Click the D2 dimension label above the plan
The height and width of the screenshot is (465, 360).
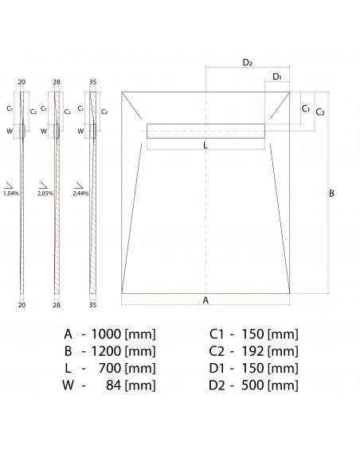tap(247, 62)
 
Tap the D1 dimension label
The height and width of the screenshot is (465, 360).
tap(276, 76)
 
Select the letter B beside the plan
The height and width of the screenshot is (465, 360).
tap(331, 193)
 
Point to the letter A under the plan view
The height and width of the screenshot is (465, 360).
tap(205, 300)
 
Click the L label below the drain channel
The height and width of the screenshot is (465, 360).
tap(205, 146)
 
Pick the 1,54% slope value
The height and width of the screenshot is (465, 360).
tap(11, 193)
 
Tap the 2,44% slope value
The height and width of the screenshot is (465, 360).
tap(80, 193)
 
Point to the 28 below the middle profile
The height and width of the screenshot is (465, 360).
tap(57, 304)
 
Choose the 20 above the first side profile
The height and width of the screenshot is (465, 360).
tap(22, 81)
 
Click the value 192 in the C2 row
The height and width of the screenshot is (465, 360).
tap(252, 350)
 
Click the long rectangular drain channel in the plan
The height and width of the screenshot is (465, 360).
tap(205, 129)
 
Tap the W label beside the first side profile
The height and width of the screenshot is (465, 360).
tap(10, 131)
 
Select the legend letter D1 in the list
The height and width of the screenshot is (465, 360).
tap(218, 368)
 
